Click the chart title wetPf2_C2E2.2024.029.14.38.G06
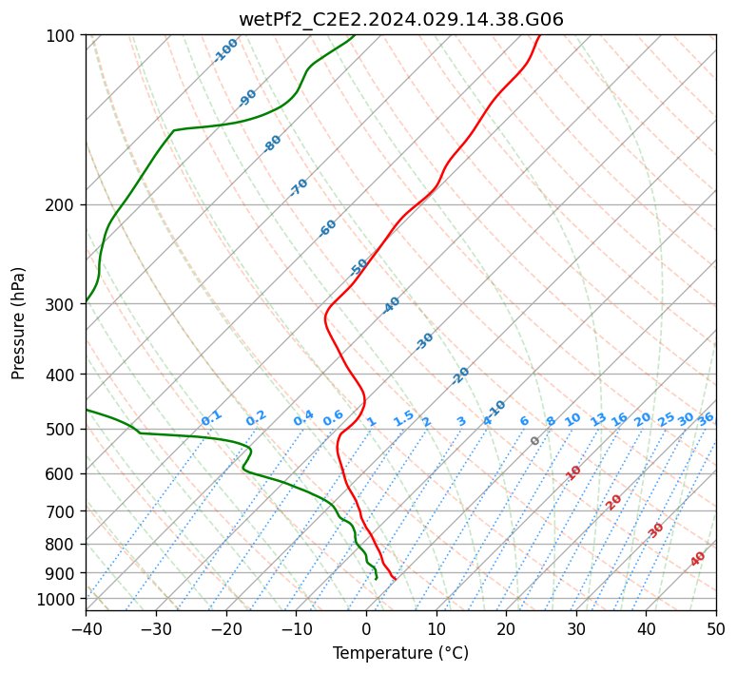pyautogui.click(x=401, y=20)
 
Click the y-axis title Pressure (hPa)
pyautogui.click(x=18, y=323)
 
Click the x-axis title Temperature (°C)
pyautogui.click(x=401, y=653)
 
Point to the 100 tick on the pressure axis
pyautogui.click(x=64, y=35)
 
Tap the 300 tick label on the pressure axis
pyautogui.click(x=64, y=304)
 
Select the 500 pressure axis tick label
pyautogui.click(x=64, y=430)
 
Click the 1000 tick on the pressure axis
pyautogui.click(x=59, y=599)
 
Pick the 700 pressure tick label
pyautogui.click(x=64, y=511)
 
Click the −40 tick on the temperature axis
pyautogui.click(x=86, y=628)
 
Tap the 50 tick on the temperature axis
pyautogui.click(x=716, y=628)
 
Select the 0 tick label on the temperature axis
pyautogui.click(x=367, y=628)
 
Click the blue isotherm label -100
pyautogui.click(x=225, y=50)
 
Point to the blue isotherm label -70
pyautogui.click(x=298, y=187)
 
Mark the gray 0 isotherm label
pyautogui.click(x=534, y=441)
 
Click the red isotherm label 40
pyautogui.click(x=697, y=559)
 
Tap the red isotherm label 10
pyautogui.click(x=572, y=472)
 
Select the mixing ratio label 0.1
pyautogui.click(x=211, y=418)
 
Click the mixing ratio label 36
pyautogui.click(x=706, y=419)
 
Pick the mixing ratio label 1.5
pyautogui.click(x=404, y=418)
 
